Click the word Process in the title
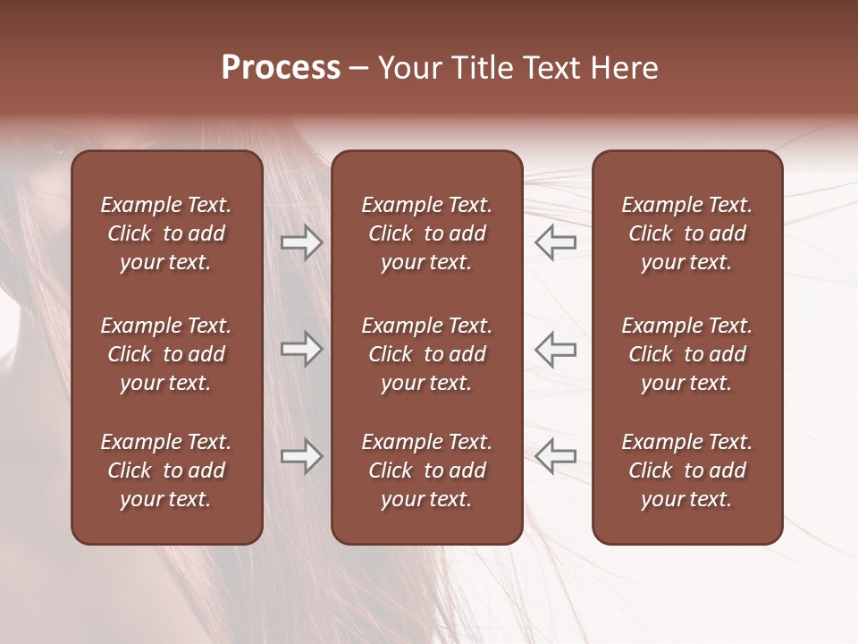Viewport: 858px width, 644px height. pos(281,68)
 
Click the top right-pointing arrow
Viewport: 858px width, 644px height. pos(301,242)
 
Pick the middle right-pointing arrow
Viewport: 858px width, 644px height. pos(301,349)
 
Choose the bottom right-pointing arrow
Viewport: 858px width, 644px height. pos(301,456)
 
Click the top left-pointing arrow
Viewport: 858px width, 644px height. pos(556,242)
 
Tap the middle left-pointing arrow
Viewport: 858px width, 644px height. pos(556,349)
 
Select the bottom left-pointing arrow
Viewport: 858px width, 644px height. pos(556,456)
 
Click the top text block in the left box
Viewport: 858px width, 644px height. pos(166,233)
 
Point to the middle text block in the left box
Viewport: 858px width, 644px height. pos(166,354)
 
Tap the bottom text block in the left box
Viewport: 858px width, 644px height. pos(166,470)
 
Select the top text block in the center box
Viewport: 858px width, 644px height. pos(426,233)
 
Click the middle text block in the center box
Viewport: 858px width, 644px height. pos(426,354)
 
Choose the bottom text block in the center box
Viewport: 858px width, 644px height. pos(426,470)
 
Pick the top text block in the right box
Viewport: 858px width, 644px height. pos(687,233)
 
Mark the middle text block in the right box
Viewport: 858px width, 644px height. pos(687,354)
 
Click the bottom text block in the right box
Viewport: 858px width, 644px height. pos(687,470)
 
